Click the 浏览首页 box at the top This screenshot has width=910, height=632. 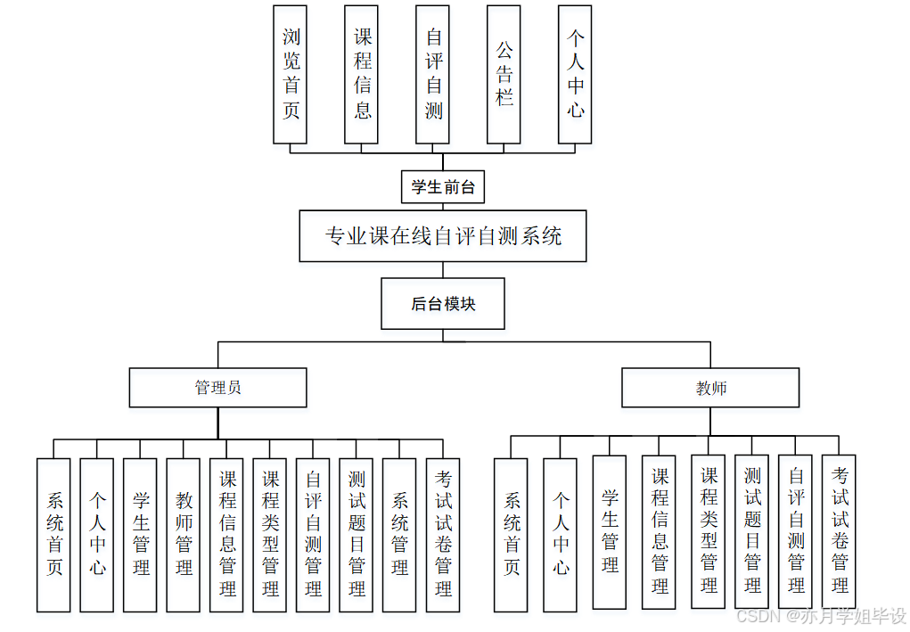[x=290, y=74]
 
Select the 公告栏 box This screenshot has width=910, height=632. [x=504, y=74]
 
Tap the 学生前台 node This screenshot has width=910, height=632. [x=442, y=188]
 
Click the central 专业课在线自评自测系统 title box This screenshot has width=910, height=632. [x=442, y=236]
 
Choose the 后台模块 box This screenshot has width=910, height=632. [x=442, y=304]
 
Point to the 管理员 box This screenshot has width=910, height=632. [x=217, y=388]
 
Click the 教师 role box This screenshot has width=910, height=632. [x=710, y=388]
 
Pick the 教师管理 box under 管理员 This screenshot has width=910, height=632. [x=184, y=535]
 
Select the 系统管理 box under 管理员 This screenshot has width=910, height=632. [x=399, y=535]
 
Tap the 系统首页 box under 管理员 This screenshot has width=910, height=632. [x=53, y=535]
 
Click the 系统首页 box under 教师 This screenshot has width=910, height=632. [x=511, y=535]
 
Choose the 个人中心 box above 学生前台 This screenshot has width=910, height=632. [x=576, y=74]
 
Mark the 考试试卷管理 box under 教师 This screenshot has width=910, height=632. [x=839, y=531]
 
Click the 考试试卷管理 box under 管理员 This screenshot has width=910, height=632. [x=443, y=535]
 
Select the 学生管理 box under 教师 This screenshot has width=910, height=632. [x=609, y=532]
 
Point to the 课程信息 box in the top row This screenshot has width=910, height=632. [x=362, y=74]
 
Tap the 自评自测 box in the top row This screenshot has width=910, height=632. [x=433, y=74]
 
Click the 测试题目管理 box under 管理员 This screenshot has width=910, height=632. [x=357, y=535]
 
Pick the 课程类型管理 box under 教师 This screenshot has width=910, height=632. [x=708, y=531]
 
